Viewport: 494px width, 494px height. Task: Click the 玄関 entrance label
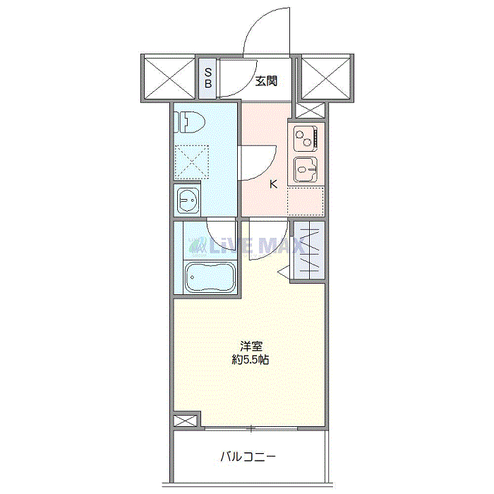click(x=266, y=81)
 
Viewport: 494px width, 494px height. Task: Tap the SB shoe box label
click(x=208, y=77)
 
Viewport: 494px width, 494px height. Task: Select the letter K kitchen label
click(x=273, y=185)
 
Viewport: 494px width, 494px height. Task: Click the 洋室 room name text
click(x=251, y=347)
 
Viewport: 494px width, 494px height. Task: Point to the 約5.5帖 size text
click(x=251, y=360)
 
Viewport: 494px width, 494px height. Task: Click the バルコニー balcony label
click(x=247, y=457)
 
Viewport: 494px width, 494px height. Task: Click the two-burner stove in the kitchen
click(x=306, y=138)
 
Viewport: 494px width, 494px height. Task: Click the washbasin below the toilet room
click(x=188, y=201)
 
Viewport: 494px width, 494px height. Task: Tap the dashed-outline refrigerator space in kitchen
click(x=306, y=200)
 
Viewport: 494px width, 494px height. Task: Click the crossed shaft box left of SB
click(x=169, y=77)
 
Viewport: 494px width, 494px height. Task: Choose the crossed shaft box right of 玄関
click(x=325, y=77)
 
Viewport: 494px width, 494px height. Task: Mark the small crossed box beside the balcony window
click(x=182, y=421)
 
